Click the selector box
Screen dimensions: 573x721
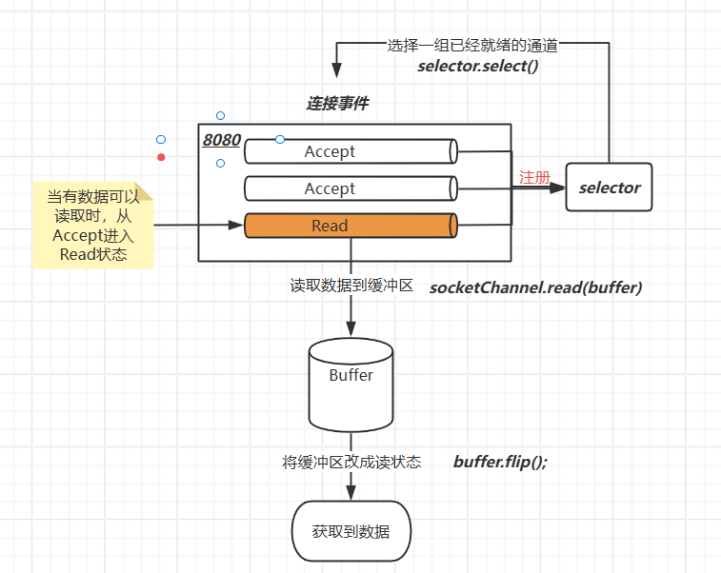point(610,188)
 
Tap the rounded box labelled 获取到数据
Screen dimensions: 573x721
point(350,531)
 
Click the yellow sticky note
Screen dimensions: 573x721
point(92,226)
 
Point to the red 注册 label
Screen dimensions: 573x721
point(534,177)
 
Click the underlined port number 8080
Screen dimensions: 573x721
point(222,140)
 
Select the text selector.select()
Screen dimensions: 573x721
point(478,66)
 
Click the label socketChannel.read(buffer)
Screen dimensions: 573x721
point(536,286)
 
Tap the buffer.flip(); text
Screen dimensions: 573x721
point(501,462)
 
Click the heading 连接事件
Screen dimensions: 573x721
point(337,104)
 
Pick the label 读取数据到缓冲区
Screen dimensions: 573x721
point(351,286)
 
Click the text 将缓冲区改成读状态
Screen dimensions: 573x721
point(351,462)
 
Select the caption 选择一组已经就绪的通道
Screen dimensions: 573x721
point(472,45)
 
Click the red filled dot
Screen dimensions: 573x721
point(161,157)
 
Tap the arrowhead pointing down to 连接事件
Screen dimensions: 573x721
point(335,71)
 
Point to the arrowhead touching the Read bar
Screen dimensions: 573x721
point(237,226)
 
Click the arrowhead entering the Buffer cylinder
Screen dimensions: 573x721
point(350,330)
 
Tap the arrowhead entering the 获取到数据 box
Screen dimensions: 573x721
point(350,493)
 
